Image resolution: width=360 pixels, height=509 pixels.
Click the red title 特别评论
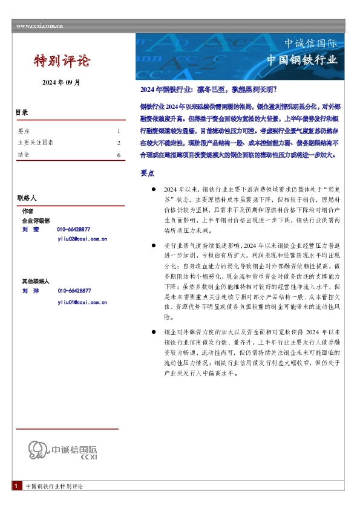tap(62, 60)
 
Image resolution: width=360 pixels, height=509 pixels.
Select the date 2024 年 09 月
tap(61, 82)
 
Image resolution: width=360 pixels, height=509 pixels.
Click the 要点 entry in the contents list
tap(24, 131)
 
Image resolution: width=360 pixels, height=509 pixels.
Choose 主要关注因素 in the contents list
tap(35, 143)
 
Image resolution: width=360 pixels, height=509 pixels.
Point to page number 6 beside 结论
tap(119, 155)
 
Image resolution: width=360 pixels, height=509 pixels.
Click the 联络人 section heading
tap(27, 198)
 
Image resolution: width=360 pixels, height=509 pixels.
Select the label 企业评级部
tap(36, 221)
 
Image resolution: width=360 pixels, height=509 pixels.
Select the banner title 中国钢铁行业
tap(302, 60)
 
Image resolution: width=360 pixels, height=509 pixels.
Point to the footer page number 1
tap(17, 486)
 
